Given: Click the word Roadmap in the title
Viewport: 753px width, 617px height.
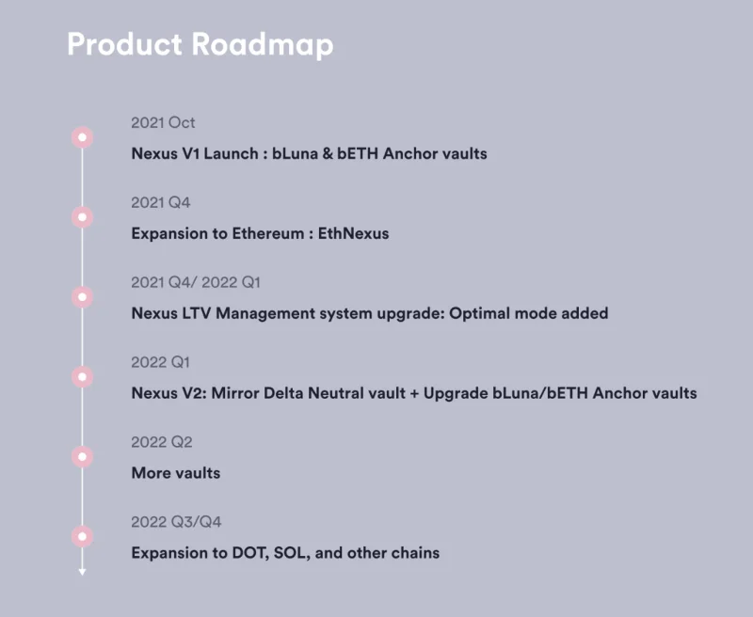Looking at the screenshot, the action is coord(263,44).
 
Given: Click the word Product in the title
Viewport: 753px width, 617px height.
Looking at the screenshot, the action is coord(125,44).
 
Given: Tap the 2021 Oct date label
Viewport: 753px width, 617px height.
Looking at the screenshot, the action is coord(163,123).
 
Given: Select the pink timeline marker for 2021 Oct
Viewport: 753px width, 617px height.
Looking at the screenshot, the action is coord(83,137).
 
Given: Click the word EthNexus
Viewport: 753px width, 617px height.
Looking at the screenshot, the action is coord(354,233).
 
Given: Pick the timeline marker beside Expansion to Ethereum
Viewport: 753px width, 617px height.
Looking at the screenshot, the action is coord(83,217).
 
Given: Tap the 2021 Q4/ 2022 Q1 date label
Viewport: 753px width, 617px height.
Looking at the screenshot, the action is coord(196,282).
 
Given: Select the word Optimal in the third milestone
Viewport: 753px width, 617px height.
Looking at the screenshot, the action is coord(480,313).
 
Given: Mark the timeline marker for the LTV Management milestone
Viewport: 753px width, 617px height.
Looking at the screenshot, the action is coord(83,297).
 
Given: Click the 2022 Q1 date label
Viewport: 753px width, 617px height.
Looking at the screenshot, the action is coord(160,362).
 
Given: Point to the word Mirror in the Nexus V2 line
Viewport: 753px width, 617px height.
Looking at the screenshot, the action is coord(235,393).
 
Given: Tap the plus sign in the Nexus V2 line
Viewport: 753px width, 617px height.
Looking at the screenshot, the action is coord(414,394).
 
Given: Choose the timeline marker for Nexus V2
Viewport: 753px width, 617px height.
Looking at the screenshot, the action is coord(83,376).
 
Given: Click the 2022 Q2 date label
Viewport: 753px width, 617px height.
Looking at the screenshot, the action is coord(162,442).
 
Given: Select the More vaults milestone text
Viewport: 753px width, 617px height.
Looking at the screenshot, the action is coord(176,473).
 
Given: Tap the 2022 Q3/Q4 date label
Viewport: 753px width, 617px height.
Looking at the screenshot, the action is coord(176,522).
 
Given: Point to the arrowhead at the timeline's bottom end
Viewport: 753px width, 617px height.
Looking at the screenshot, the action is coord(82,572).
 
